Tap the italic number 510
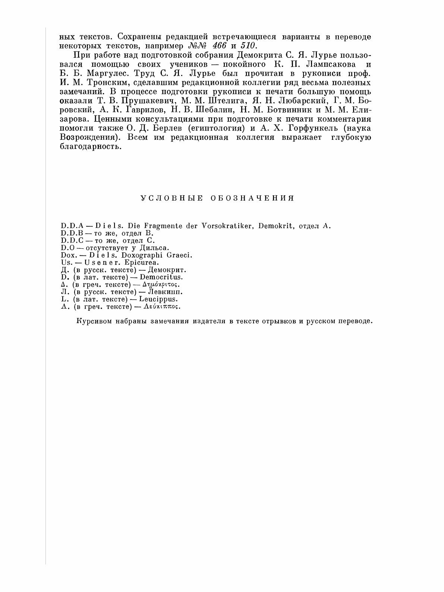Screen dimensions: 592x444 coord(246,46)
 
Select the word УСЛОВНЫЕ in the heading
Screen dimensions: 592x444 coord(171,198)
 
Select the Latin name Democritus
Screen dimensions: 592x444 coord(166,277)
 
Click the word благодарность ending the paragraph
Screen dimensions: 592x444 coord(91,147)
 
